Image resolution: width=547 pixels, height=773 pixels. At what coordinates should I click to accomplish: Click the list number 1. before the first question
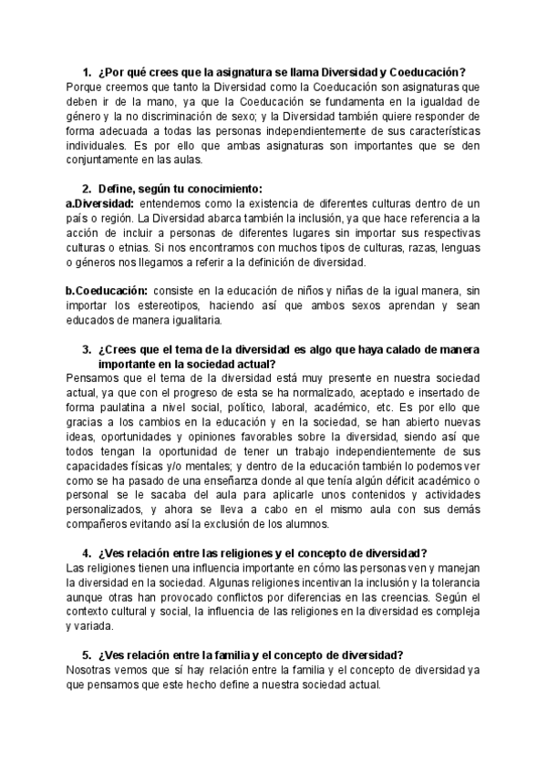click(86, 72)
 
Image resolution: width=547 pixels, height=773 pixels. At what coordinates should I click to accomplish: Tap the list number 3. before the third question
click(86, 349)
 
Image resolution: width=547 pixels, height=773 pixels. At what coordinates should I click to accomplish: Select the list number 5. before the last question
click(86, 654)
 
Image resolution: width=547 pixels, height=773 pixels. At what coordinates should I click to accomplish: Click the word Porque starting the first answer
click(87, 87)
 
